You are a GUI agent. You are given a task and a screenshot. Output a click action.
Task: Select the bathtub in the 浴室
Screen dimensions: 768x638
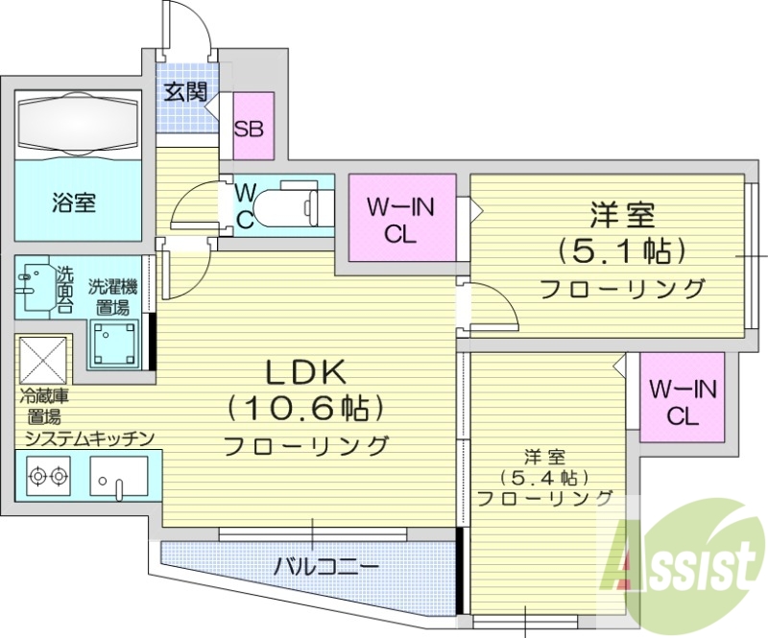(x=78, y=125)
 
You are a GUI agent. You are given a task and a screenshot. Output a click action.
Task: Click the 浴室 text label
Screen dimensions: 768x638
(x=73, y=202)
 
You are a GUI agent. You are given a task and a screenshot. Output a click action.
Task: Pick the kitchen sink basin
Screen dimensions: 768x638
(x=118, y=475)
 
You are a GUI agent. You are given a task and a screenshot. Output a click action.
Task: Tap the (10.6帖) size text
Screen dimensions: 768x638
(x=305, y=408)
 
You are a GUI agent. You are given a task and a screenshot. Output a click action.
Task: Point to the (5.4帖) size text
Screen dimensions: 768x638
(x=543, y=477)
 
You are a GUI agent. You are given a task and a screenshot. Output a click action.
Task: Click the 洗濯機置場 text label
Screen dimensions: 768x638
(x=113, y=296)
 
